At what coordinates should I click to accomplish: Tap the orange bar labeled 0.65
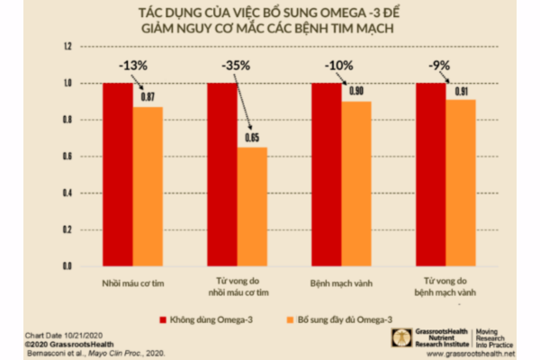tap(253, 206)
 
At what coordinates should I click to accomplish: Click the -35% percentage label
tap(237, 66)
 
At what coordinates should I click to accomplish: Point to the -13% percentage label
tap(133, 66)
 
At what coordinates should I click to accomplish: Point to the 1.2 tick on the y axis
tap(67, 46)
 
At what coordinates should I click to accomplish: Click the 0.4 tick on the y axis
tap(67, 193)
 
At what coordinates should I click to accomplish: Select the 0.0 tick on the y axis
tap(67, 266)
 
